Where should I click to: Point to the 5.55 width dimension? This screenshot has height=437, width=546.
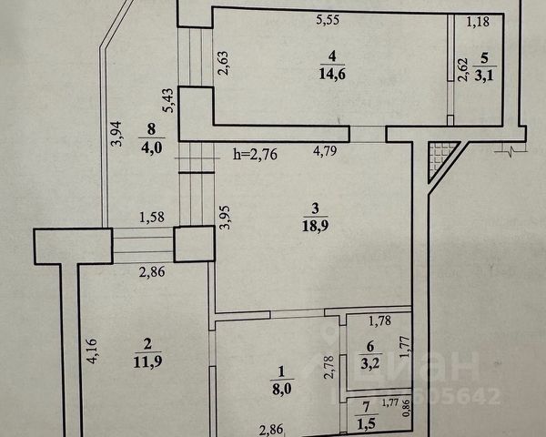[x=329, y=18]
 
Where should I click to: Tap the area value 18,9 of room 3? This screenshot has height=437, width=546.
[x=314, y=235]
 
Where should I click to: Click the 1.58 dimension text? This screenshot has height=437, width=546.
[x=152, y=217]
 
